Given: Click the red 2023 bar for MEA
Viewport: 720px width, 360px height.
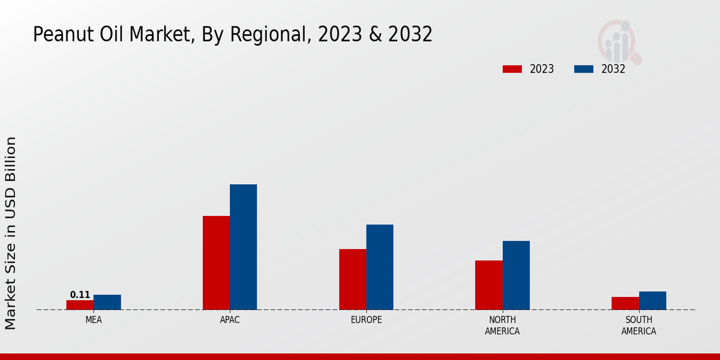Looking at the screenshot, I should pyautogui.click(x=80, y=305).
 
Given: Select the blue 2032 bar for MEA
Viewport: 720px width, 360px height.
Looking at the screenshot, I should pyautogui.click(x=107, y=302).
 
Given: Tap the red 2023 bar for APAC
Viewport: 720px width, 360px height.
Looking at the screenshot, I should pyautogui.click(x=216, y=263).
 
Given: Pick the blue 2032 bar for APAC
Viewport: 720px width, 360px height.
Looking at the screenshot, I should pyautogui.click(x=243, y=247).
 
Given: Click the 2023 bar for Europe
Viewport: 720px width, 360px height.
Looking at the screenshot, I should pyautogui.click(x=352, y=280).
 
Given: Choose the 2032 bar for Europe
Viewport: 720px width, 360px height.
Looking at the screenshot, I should pyautogui.click(x=380, y=267).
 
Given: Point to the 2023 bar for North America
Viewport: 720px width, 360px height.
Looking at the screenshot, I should pyautogui.click(x=488, y=285).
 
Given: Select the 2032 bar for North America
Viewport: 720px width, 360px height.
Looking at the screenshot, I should pyautogui.click(x=516, y=275).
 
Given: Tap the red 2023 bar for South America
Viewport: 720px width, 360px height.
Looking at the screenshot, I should pyautogui.click(x=625, y=304).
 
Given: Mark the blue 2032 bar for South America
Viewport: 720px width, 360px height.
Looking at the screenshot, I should pyautogui.click(x=652, y=301).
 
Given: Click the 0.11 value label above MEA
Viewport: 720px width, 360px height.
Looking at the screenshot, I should pyautogui.click(x=80, y=295).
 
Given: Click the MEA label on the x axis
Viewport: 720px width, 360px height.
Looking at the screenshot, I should pyautogui.click(x=94, y=320).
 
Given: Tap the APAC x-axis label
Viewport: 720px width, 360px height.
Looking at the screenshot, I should pyautogui.click(x=230, y=320).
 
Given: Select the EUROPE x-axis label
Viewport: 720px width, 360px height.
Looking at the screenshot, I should pyautogui.click(x=366, y=320).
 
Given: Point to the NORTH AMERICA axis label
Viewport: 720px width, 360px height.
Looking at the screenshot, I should pyautogui.click(x=502, y=325).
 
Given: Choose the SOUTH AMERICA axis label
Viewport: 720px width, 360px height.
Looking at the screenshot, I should pyautogui.click(x=638, y=325).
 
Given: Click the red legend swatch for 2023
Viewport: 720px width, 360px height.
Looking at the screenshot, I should pyautogui.click(x=512, y=69).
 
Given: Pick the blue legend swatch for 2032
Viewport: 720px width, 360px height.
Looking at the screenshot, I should pyautogui.click(x=583, y=69).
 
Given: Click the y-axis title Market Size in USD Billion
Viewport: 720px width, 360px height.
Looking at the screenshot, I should pyautogui.click(x=11, y=233).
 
